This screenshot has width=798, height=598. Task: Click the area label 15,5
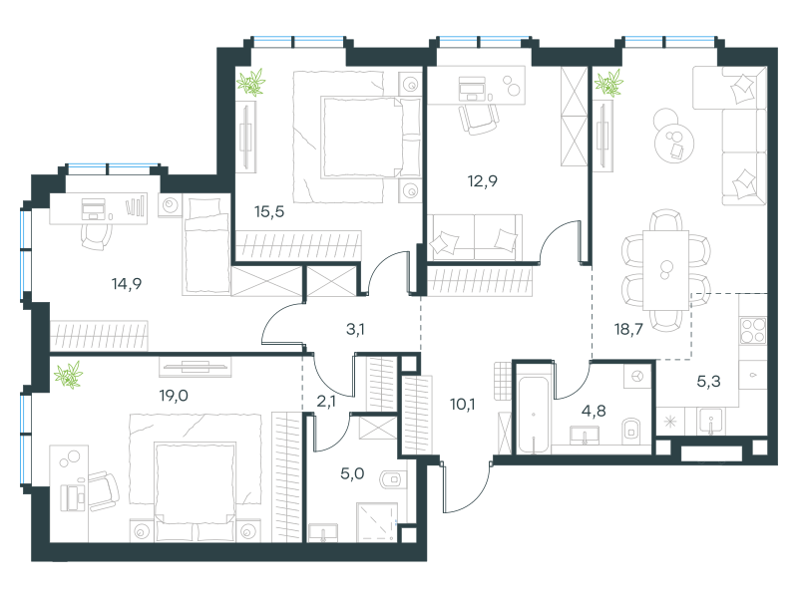(269, 211)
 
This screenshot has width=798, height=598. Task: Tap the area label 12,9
(483, 181)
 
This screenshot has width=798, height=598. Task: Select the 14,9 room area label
(127, 284)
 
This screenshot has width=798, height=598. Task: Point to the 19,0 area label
(174, 395)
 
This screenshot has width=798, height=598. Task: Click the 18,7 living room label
(629, 330)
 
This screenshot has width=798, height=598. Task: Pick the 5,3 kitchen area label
(708, 381)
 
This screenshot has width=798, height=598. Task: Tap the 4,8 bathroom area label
(594, 411)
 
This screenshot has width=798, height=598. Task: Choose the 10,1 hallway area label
(463, 405)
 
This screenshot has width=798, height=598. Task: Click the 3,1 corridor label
(355, 330)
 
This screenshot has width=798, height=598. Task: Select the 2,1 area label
(326, 402)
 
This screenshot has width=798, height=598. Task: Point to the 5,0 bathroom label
(352, 474)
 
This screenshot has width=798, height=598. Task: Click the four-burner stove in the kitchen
(753, 331)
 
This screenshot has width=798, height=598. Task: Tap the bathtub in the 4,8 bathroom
(534, 415)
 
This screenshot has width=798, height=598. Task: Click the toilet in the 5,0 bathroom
(393, 478)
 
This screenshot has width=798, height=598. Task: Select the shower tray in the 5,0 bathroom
(377, 522)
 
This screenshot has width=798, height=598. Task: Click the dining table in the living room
(665, 270)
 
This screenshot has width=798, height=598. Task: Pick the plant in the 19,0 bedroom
(68, 375)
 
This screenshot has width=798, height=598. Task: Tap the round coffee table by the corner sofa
(674, 143)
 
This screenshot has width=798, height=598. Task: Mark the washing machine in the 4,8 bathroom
(637, 377)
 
